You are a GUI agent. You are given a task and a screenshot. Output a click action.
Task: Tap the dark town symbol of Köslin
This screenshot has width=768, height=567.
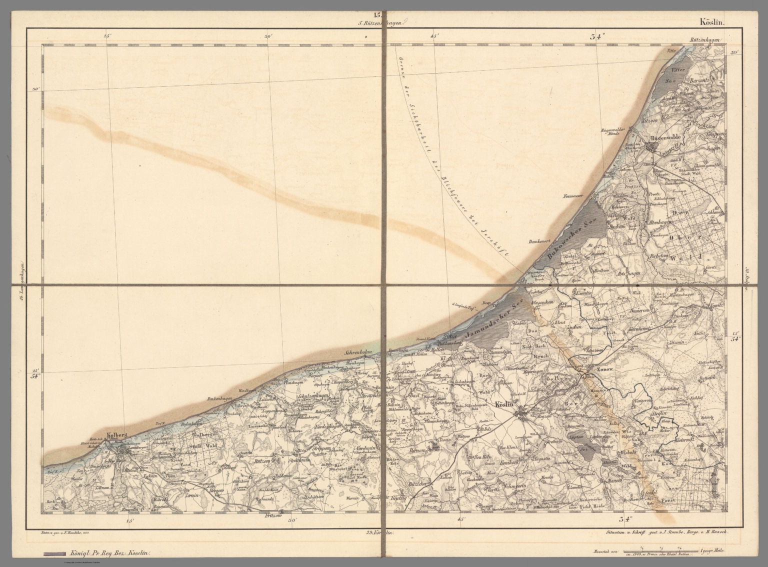(x=522, y=413)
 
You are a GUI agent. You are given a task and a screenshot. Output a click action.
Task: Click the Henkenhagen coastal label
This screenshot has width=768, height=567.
(x=218, y=398)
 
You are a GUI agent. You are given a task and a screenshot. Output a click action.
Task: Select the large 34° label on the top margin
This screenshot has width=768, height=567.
(x=597, y=36)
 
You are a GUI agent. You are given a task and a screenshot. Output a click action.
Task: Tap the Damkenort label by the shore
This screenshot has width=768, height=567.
(x=539, y=241)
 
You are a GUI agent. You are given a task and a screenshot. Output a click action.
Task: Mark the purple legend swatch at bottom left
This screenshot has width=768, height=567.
(x=54, y=554)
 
